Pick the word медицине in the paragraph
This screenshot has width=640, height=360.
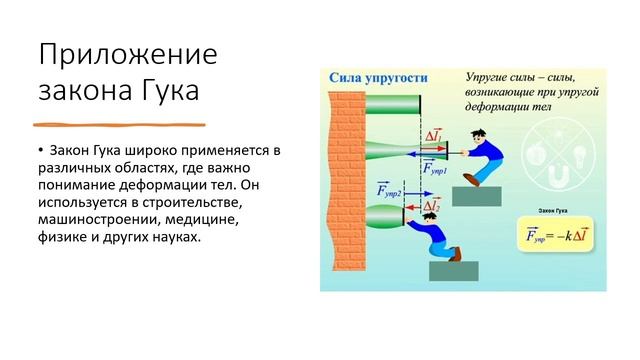(202, 219)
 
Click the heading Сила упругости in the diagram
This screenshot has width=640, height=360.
(372, 77)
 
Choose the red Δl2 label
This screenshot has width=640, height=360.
(432, 206)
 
